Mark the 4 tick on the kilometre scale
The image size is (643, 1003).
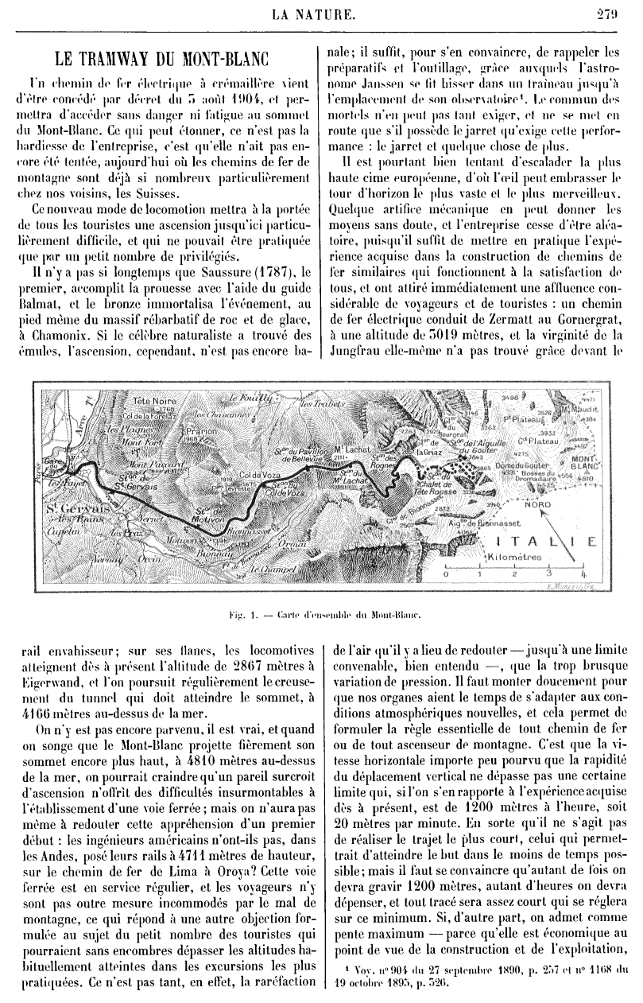[583, 573]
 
